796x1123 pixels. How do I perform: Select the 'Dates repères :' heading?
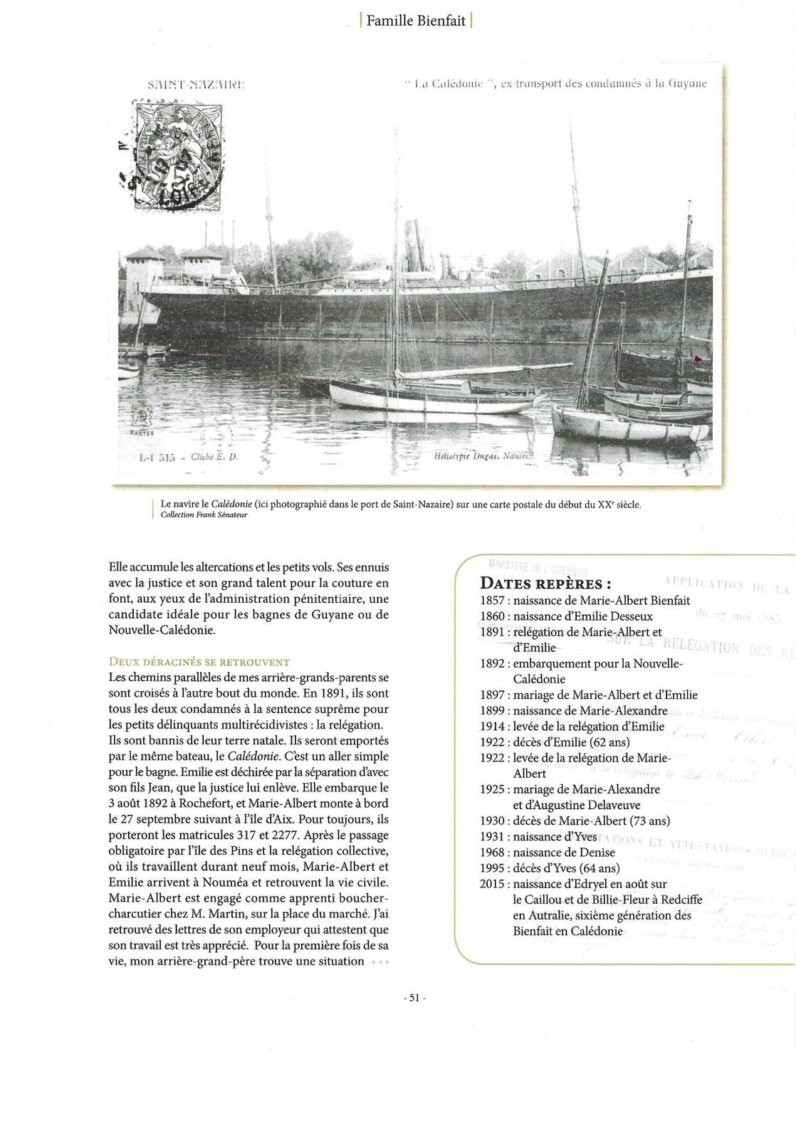545,584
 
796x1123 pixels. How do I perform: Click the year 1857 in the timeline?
493,601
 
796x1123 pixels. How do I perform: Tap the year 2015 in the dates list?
493,883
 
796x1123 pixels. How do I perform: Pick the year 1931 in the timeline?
493,836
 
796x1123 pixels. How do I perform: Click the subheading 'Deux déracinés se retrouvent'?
199,662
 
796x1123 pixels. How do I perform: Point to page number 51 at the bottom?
414,998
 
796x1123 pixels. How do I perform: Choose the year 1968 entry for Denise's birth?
493,852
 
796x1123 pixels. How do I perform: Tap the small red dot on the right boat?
698,358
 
